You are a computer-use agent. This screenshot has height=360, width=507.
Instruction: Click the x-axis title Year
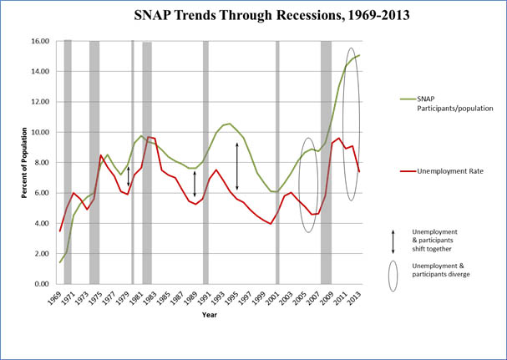click(209, 315)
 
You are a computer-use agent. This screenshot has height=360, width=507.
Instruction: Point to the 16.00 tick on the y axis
click(39, 41)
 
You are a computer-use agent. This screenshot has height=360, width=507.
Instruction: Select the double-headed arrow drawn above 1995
click(237, 165)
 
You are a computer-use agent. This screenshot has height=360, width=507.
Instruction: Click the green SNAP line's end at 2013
click(359, 55)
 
